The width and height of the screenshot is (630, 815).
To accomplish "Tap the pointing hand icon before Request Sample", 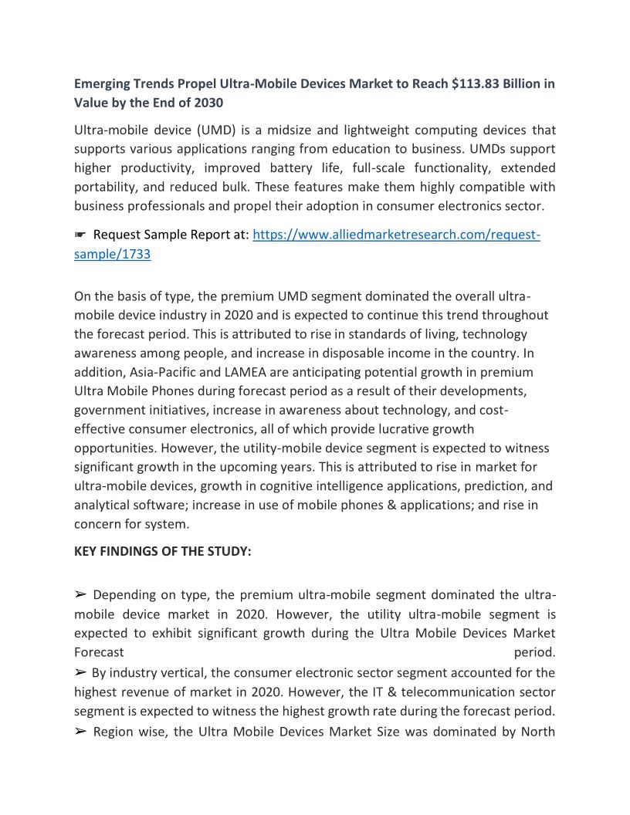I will click(80, 235).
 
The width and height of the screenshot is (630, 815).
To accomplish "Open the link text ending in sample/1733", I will click(112, 255).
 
